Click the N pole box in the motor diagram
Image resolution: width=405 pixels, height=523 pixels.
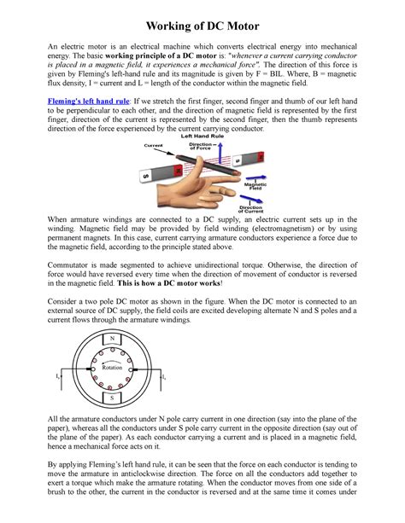tap(111, 338)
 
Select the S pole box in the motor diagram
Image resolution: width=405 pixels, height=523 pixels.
tap(111, 398)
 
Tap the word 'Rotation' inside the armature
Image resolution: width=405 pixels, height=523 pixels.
tap(112, 367)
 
